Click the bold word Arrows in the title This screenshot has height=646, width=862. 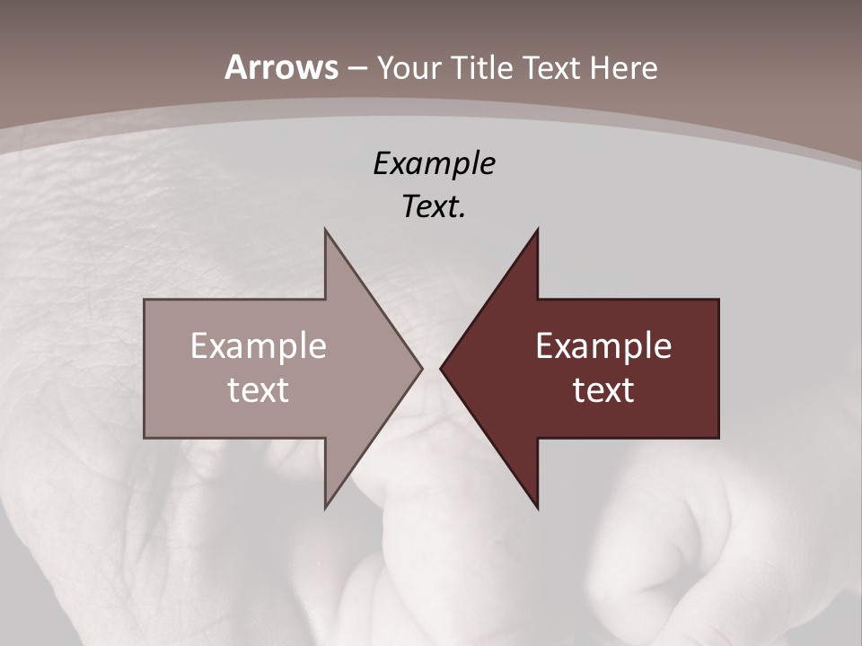(281, 67)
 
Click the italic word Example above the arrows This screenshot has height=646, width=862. (434, 164)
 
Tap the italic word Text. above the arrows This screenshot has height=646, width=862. (433, 206)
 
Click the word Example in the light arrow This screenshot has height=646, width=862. (258, 345)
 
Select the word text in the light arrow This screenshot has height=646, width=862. (258, 389)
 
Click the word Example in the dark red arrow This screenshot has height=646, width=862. (603, 345)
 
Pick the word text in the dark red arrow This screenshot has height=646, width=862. (603, 389)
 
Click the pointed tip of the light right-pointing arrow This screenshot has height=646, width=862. (421, 368)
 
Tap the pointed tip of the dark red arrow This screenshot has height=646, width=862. (441, 368)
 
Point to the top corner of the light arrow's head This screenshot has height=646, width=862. (325, 230)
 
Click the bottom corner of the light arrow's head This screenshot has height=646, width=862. (325, 508)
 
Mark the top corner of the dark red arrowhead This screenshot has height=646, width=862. (537, 230)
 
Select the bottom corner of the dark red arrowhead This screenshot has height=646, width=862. (537, 508)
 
